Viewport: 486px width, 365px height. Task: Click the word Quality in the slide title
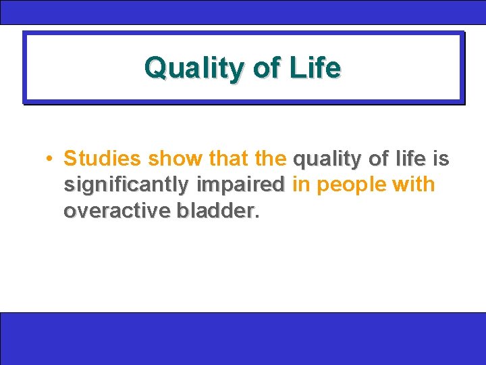[x=188, y=68]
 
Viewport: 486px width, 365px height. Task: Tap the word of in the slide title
[x=263, y=68]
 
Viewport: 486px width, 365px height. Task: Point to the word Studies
[x=102, y=159]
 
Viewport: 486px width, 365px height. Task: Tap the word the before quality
[x=271, y=159]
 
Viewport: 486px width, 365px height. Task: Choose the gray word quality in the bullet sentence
[x=327, y=160]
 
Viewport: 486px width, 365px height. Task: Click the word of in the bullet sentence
[x=379, y=159]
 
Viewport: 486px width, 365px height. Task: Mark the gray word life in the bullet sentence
[x=411, y=159]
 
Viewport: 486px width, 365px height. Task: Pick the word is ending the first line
[x=440, y=159]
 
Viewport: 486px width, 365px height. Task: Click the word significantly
[x=127, y=185]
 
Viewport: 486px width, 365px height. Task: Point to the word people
[x=349, y=185]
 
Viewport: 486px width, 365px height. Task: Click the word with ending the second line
[x=415, y=185]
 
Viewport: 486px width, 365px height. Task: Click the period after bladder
[x=257, y=216]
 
